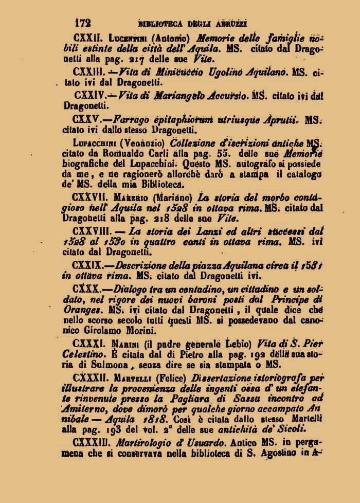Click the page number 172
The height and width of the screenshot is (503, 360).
(x=83, y=22)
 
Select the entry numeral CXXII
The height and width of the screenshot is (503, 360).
(x=89, y=37)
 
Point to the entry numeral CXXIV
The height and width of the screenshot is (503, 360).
(x=91, y=95)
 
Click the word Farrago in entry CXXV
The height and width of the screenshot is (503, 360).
(x=134, y=119)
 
